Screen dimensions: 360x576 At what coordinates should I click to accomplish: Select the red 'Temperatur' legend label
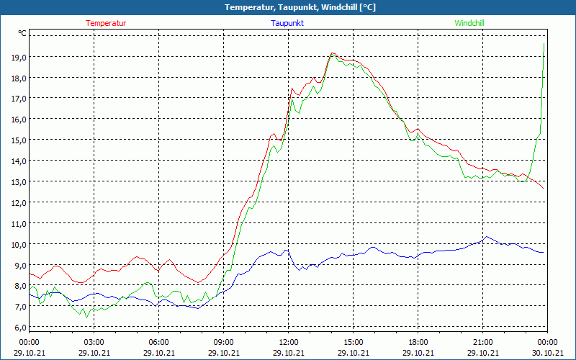click(106, 23)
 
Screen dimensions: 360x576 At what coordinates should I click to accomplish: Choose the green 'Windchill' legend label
click(469, 23)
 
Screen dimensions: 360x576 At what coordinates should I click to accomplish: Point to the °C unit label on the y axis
click(22, 33)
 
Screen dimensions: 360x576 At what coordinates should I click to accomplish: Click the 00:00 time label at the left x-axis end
click(29, 342)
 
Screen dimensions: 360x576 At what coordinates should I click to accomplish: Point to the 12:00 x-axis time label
click(288, 342)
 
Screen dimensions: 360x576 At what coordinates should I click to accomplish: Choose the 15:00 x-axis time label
click(353, 342)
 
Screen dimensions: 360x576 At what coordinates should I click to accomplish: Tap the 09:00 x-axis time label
click(223, 342)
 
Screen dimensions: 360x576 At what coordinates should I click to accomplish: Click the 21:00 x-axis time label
click(482, 342)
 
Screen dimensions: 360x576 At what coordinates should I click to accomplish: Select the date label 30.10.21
click(547, 352)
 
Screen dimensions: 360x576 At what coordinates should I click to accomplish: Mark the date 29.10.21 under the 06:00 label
click(158, 352)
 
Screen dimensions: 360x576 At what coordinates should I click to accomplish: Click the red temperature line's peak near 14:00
click(332, 53)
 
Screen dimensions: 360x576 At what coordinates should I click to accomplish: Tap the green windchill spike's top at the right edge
click(544, 44)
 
